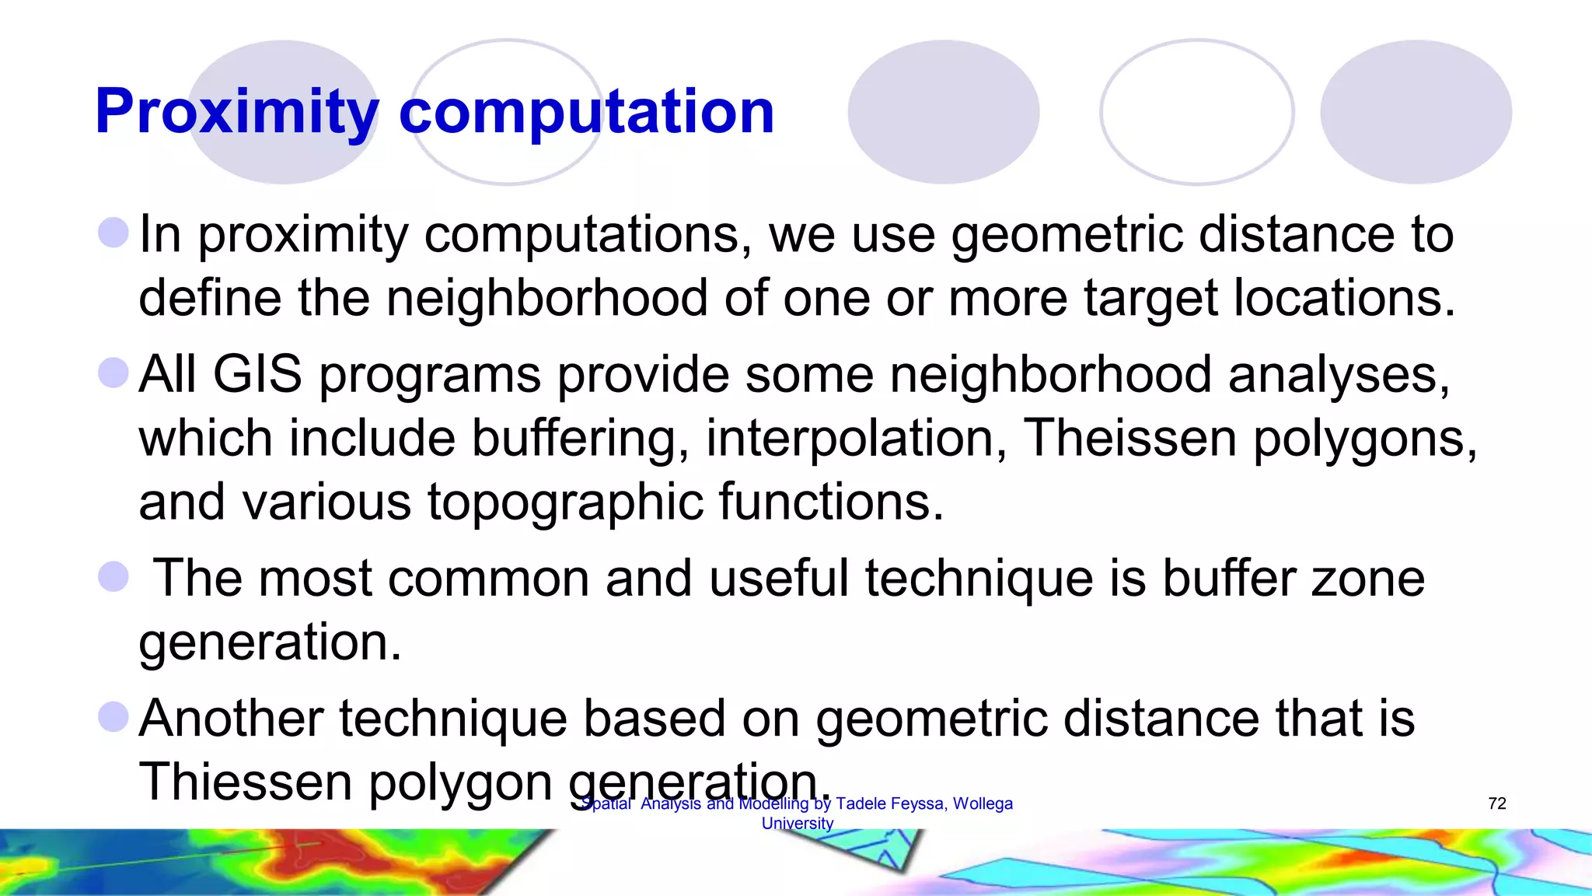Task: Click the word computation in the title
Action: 586,113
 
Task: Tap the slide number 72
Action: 1497,803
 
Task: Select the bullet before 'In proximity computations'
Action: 113,233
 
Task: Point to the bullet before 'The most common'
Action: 113,577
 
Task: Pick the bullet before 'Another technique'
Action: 113,716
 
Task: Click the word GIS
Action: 257,374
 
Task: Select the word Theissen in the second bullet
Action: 1129,438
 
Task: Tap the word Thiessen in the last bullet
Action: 246,782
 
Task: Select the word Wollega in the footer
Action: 983,803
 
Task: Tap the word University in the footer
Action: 798,824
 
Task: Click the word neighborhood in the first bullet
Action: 546,298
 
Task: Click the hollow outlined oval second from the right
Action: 1197,112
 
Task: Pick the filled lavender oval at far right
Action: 1416,112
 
